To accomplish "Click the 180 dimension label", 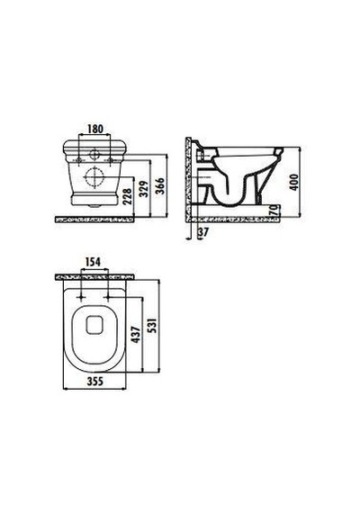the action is coord(95,129).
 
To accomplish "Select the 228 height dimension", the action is coord(129,196).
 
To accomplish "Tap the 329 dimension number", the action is coord(144,189).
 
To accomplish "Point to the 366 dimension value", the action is coord(159,186).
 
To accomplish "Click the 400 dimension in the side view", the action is coord(294,182).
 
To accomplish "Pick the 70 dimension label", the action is coord(274,211).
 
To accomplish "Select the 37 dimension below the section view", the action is coord(203,232).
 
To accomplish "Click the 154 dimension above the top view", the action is coord(93,262).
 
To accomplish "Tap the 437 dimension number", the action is coord(136,335).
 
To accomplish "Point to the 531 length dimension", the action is coord(152,325).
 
